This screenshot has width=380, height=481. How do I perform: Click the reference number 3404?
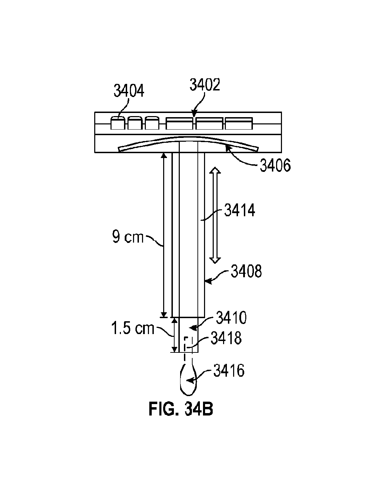(129, 90)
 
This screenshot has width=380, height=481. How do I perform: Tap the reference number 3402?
(205, 85)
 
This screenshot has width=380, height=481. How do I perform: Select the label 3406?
(275, 165)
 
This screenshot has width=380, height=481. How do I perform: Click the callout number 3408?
(246, 271)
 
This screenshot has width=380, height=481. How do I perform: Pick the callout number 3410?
(231, 317)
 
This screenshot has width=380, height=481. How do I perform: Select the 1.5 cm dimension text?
(133, 328)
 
